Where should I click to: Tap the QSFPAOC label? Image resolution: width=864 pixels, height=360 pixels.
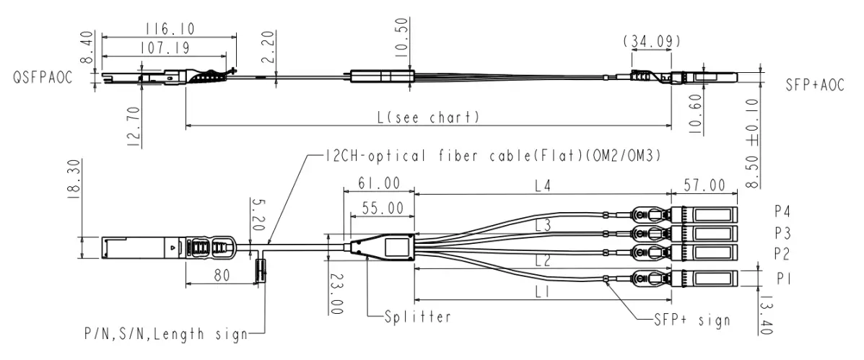coord(43,78)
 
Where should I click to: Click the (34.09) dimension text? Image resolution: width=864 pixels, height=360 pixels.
coord(651,40)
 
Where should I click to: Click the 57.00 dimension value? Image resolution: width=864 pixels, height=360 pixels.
coord(704,186)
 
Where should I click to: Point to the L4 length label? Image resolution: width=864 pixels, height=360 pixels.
coord(542,186)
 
